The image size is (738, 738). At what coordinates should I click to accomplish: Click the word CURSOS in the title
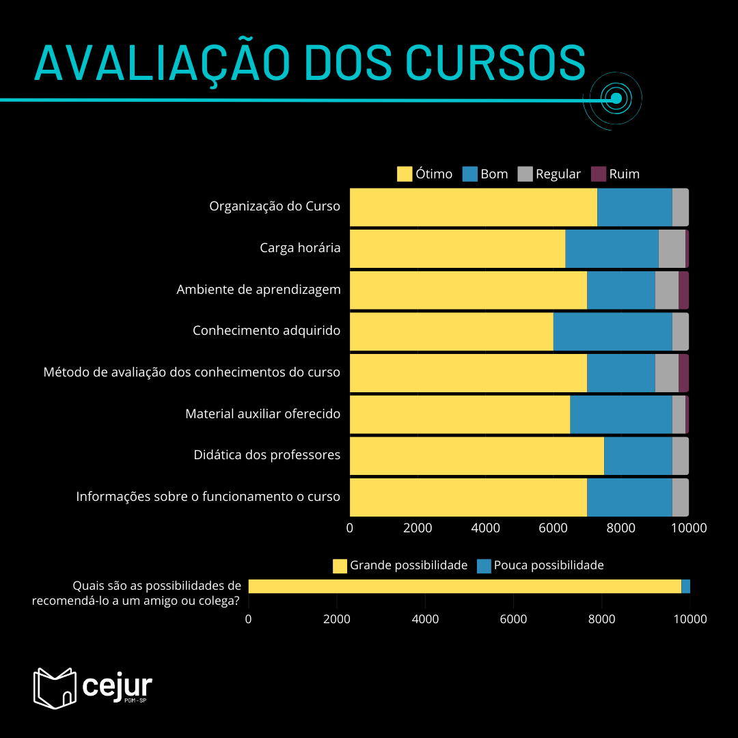[x=495, y=63]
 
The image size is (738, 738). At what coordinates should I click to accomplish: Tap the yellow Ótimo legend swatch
[x=405, y=174]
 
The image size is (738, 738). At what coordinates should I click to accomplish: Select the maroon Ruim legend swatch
[x=599, y=174]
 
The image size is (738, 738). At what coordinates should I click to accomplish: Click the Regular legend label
[x=558, y=174]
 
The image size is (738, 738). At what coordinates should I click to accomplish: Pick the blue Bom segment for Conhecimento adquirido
[x=612, y=331]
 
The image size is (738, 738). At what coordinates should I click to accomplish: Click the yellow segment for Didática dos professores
[x=476, y=456]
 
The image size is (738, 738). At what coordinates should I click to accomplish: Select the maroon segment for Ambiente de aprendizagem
[x=683, y=290]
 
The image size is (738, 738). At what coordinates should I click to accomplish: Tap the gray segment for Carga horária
[x=672, y=249]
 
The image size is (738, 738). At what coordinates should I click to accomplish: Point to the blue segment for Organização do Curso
[x=634, y=207]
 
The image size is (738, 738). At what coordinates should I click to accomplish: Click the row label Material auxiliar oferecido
[x=262, y=413]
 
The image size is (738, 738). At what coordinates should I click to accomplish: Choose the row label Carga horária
[x=300, y=248]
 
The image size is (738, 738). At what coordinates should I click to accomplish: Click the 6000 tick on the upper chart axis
[x=553, y=528]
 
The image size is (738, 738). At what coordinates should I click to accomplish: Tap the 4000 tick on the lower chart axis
[x=425, y=620]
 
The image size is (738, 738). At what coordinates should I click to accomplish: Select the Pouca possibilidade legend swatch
[x=484, y=566]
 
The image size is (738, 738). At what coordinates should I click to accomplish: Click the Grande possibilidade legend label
[x=409, y=566]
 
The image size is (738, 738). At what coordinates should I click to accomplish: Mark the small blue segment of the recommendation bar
[x=685, y=586]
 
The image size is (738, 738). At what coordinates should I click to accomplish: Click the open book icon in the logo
[x=55, y=687]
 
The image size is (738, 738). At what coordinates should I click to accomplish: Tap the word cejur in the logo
[x=117, y=685]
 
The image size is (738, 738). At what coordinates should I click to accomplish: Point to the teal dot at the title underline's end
[x=616, y=98]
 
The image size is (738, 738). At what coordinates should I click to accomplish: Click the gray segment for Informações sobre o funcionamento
[x=680, y=497]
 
